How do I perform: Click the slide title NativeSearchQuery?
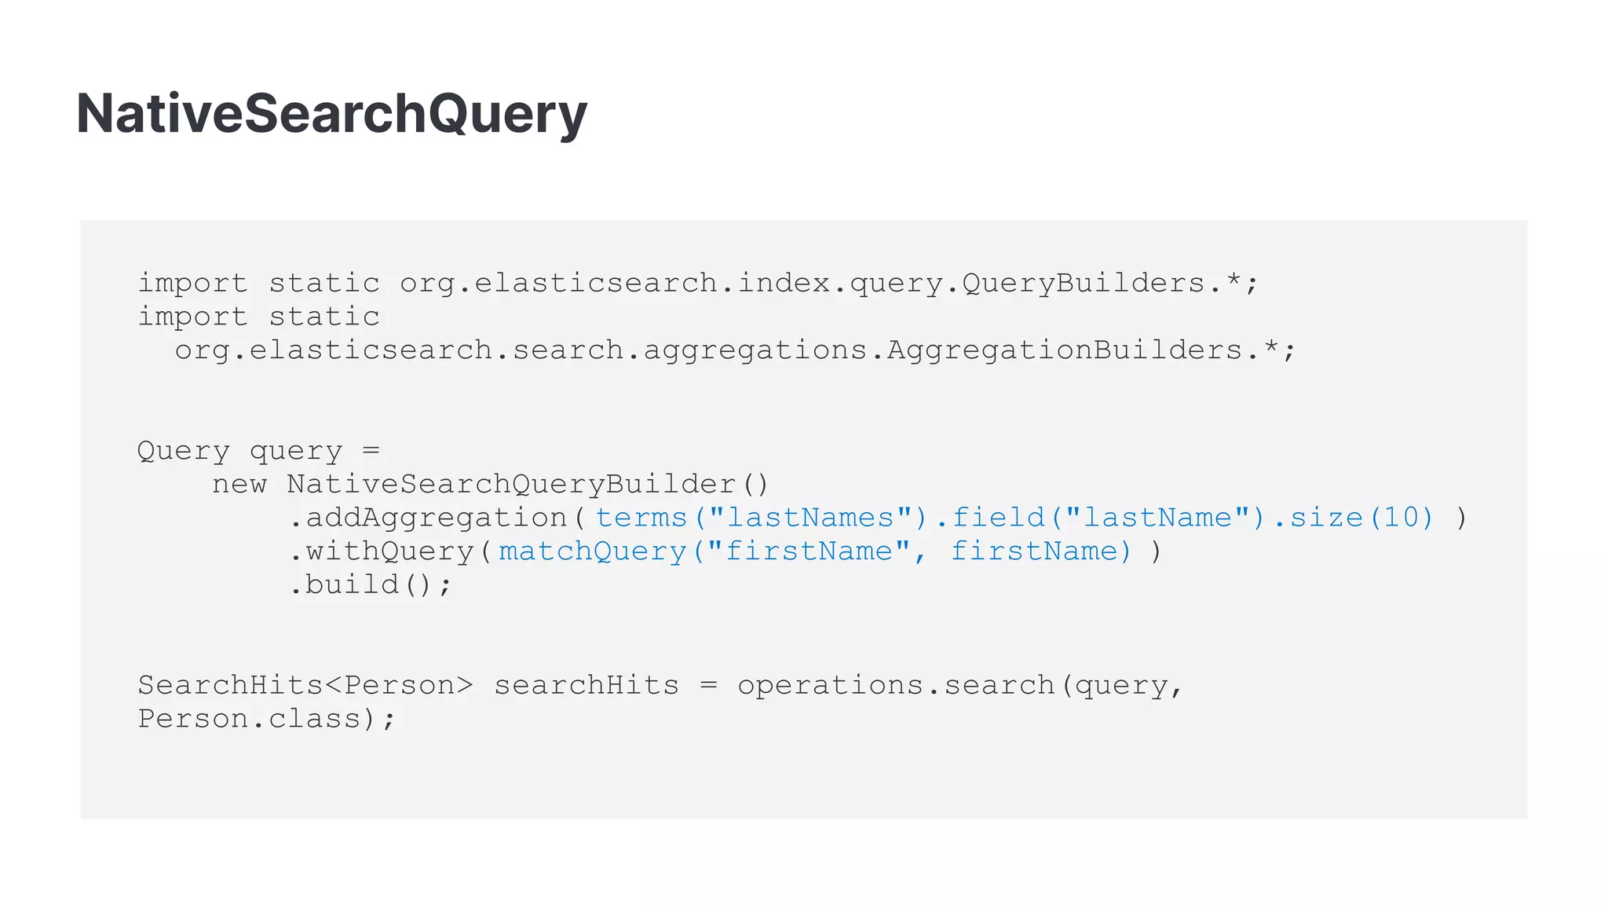coord(331,114)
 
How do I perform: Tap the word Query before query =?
coord(183,451)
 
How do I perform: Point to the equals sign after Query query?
coord(371,451)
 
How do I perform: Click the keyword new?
coord(239,485)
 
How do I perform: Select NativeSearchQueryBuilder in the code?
coord(511,485)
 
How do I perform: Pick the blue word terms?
coord(641,518)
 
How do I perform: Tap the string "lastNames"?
coord(810,518)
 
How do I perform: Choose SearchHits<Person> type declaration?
coord(305,686)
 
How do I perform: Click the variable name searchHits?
coord(586,686)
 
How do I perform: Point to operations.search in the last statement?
coord(895,686)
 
